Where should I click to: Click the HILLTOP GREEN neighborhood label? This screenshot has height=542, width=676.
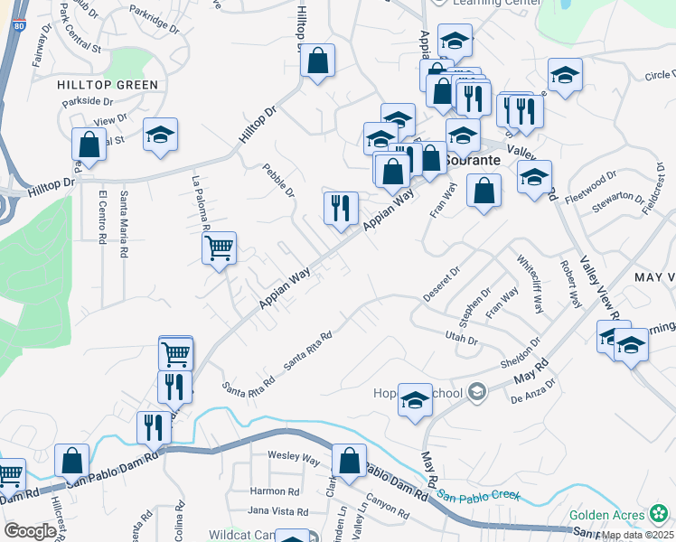click(108, 85)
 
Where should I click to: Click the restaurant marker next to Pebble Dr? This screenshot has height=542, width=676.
click(341, 208)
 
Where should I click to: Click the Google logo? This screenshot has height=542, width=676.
click(30, 531)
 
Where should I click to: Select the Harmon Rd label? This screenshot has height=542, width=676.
click(275, 491)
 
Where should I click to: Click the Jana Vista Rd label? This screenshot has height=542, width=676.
click(278, 511)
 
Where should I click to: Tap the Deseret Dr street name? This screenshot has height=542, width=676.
click(442, 285)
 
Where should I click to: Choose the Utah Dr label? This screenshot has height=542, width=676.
click(460, 337)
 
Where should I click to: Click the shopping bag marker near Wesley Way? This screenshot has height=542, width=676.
click(348, 461)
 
